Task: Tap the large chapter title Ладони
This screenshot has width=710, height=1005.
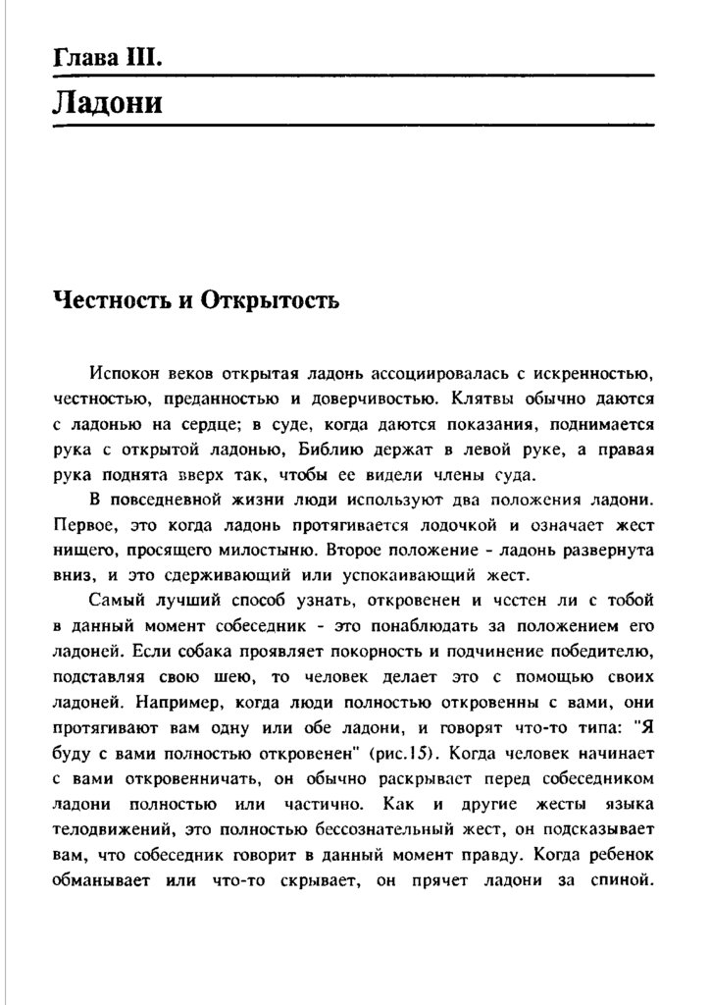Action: click(107, 101)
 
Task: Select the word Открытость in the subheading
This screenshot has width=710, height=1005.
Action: click(270, 299)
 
